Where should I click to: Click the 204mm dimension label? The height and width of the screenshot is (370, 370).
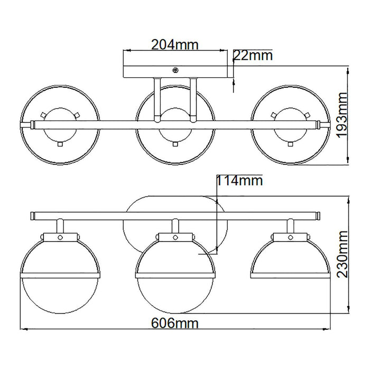point(174,45)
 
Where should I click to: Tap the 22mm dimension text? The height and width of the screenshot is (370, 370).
point(253,55)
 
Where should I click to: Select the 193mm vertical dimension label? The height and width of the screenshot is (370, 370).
point(342,115)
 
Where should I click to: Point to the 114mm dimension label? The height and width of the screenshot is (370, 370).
point(239,181)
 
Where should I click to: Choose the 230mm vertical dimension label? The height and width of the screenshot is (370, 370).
point(342,254)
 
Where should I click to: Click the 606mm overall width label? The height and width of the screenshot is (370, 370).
point(174,323)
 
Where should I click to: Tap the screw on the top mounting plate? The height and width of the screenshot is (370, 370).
point(175,70)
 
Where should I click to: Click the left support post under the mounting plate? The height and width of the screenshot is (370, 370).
point(157,100)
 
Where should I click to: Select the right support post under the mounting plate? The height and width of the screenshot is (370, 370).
point(193,100)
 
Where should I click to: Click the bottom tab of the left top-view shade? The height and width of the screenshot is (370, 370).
point(60,144)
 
